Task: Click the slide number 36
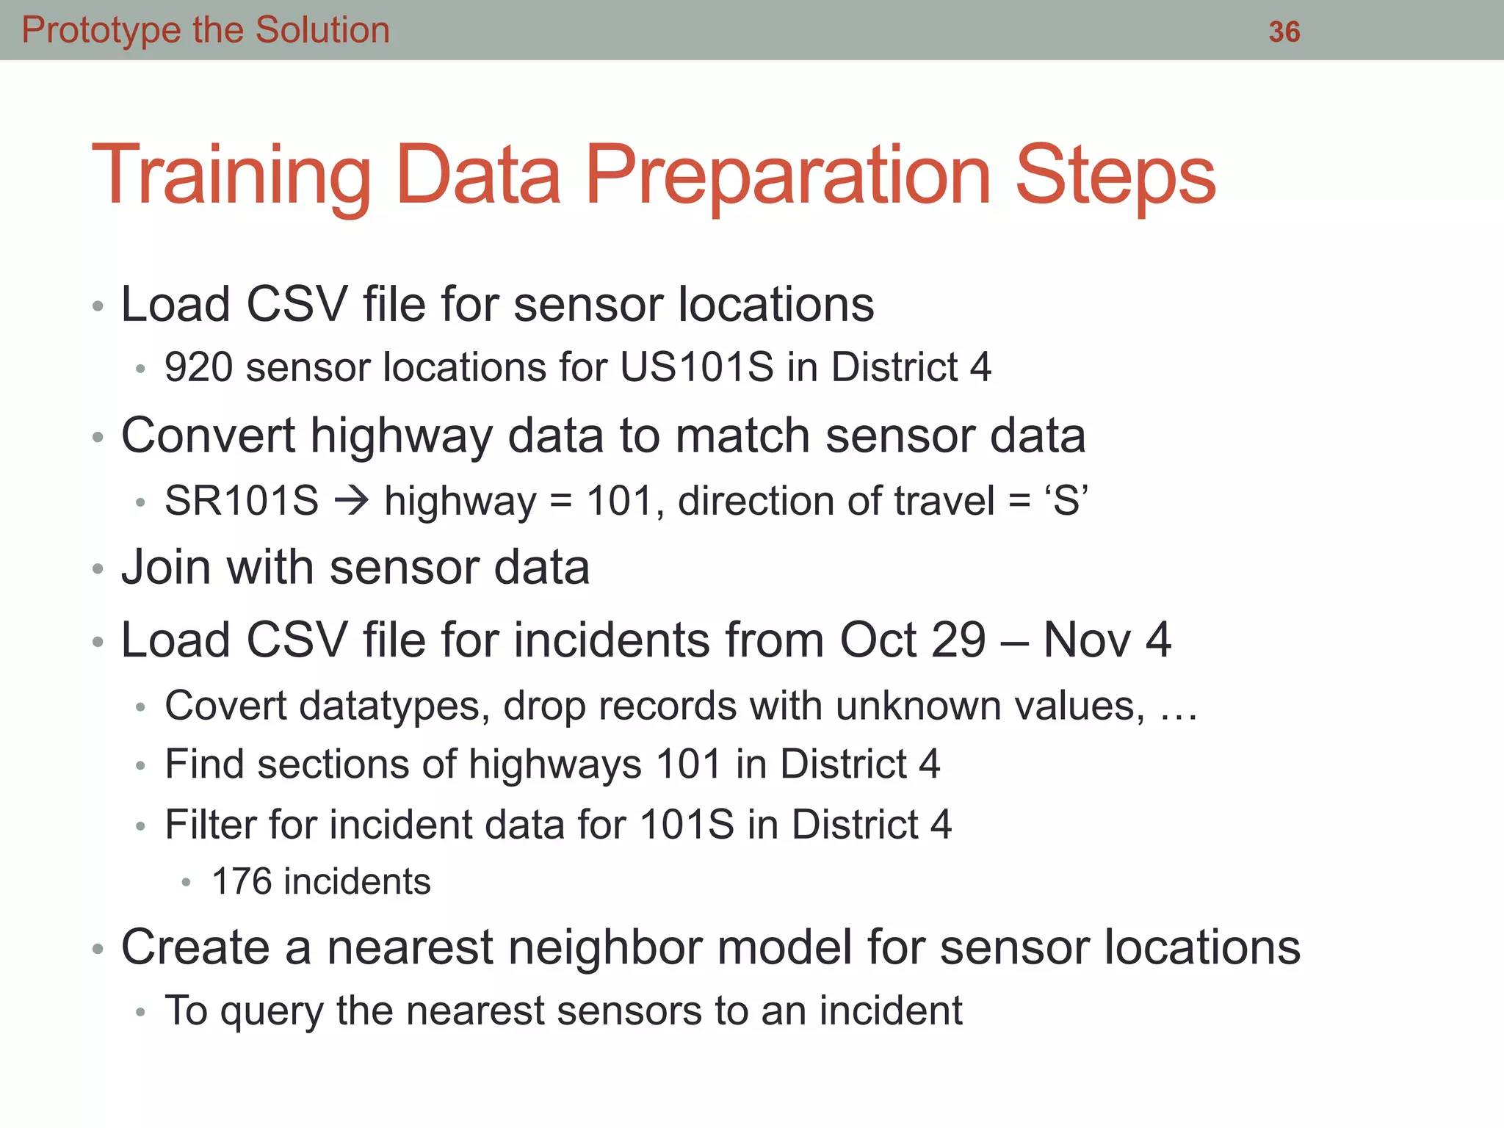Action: click(x=1284, y=32)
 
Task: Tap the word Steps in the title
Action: click(x=1116, y=176)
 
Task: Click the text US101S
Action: click(x=696, y=367)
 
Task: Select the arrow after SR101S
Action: click(x=352, y=502)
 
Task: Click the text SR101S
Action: click(x=242, y=502)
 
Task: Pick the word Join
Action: click(x=166, y=568)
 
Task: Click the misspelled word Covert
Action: click(x=225, y=706)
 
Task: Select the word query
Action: click(x=272, y=1012)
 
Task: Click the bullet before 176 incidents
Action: click(x=187, y=883)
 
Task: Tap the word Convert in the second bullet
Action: click(x=208, y=436)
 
